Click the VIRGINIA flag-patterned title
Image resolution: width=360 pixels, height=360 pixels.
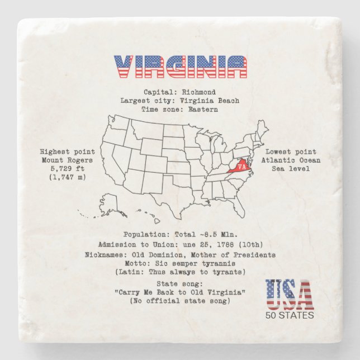(x=181, y=67)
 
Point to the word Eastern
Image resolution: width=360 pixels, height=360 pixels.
(x=202, y=110)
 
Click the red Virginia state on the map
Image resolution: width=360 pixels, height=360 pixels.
(x=240, y=167)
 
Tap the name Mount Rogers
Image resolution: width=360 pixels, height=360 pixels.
(x=67, y=160)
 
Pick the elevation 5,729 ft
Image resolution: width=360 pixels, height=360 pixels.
(x=67, y=169)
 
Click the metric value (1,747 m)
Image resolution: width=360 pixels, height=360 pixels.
(x=67, y=177)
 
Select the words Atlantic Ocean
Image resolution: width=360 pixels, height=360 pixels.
(x=291, y=160)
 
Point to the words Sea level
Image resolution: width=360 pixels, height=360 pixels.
(x=291, y=169)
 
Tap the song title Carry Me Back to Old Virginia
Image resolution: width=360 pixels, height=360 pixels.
(x=180, y=293)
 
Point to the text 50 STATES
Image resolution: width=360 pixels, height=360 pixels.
(x=290, y=315)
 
